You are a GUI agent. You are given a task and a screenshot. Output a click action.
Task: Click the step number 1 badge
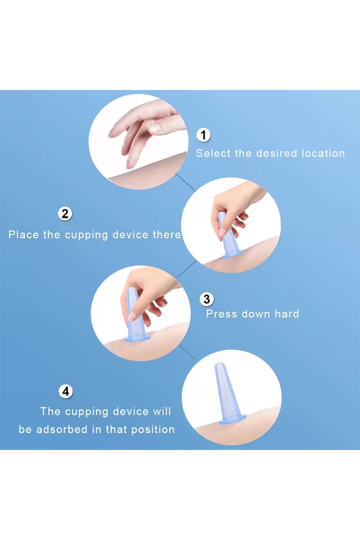[x=203, y=135]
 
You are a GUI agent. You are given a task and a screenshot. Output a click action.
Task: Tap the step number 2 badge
[x=65, y=213]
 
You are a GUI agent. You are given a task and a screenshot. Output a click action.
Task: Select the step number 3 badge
[x=207, y=299]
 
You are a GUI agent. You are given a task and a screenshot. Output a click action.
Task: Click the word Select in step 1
[x=213, y=153]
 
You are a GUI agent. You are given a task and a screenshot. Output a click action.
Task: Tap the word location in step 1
[x=323, y=153]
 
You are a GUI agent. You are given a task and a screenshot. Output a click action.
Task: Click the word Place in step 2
[x=23, y=235]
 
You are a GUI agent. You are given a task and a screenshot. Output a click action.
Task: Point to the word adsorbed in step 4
[x=62, y=429]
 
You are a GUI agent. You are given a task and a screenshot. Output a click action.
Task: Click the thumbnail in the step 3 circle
[x=132, y=315]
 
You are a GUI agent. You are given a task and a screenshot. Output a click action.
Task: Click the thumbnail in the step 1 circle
[x=156, y=127]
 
